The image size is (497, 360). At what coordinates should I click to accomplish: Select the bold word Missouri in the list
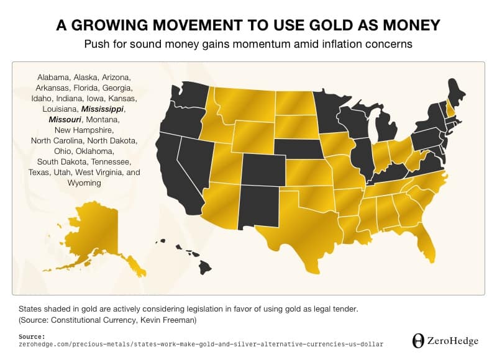click(62, 119)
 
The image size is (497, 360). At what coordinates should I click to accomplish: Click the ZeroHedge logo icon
click(419, 340)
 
